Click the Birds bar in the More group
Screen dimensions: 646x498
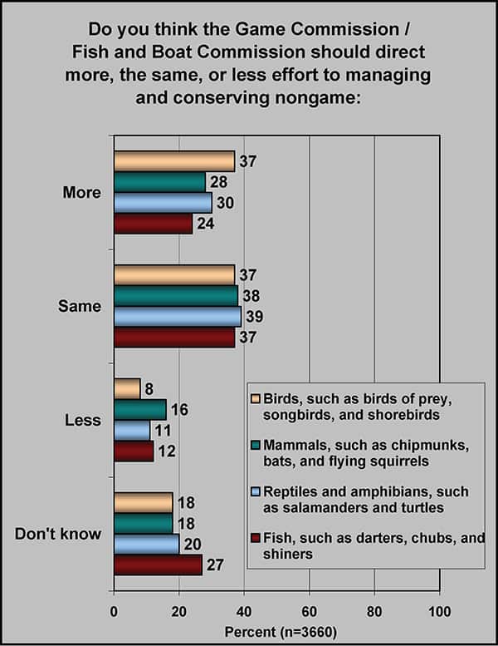coord(174,161)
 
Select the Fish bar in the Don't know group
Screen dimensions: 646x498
coord(158,565)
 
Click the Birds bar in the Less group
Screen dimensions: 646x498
coord(127,388)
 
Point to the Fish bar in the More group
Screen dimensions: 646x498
coord(153,224)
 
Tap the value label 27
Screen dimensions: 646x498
coord(214,565)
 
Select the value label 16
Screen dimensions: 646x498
coord(178,409)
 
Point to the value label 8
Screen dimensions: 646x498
coord(149,388)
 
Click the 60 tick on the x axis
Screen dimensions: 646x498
coord(310,613)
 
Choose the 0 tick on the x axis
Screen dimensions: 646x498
coord(114,613)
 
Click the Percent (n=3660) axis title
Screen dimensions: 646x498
coord(276,633)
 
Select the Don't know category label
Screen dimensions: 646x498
coord(58,533)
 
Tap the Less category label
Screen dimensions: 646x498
coord(81,420)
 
